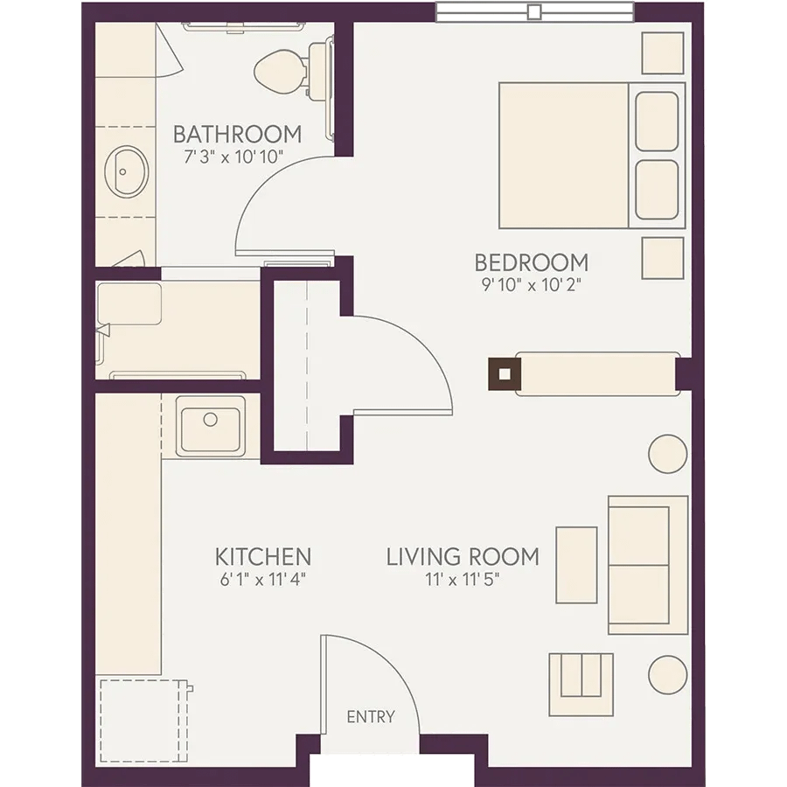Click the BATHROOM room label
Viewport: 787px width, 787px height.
click(237, 134)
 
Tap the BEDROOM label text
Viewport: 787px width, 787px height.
click(532, 262)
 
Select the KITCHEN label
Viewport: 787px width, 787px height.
click(263, 557)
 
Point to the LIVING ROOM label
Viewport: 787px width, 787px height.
click(463, 557)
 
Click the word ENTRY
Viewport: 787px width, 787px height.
click(371, 717)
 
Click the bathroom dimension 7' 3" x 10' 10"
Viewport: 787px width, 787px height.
click(233, 157)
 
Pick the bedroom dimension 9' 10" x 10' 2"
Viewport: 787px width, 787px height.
click(532, 285)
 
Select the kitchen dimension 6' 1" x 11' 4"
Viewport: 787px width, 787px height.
click(263, 580)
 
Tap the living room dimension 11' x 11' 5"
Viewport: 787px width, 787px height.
click(463, 580)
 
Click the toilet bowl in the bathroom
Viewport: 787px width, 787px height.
click(281, 72)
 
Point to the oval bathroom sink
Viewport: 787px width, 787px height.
click(127, 171)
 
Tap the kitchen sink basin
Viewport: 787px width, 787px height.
click(210, 429)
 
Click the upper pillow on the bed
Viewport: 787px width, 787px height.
click(657, 122)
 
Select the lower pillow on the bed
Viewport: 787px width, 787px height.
click(657, 190)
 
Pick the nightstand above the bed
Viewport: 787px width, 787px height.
click(663, 53)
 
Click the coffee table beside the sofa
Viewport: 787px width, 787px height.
click(577, 565)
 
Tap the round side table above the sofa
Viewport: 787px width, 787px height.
click(667, 454)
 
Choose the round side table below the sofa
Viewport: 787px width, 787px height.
click(667, 675)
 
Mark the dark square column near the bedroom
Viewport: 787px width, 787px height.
click(505, 374)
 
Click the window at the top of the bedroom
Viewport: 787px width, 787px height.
click(535, 11)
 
